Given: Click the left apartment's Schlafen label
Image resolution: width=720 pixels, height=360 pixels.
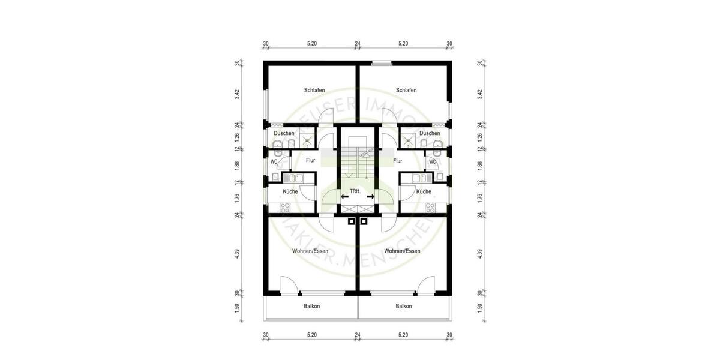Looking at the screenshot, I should pyautogui.click(x=314, y=90).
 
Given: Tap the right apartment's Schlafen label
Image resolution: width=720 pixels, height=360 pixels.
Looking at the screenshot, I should pyautogui.click(x=406, y=90).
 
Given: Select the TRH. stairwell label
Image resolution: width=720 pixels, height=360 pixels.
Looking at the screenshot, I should pyautogui.click(x=355, y=191).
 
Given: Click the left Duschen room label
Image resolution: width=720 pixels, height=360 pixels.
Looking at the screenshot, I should pyautogui.click(x=284, y=133).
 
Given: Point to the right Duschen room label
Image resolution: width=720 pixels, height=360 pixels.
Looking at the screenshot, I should pyautogui.click(x=430, y=133).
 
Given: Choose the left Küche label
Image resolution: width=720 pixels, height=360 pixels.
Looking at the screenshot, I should pyautogui.click(x=291, y=191).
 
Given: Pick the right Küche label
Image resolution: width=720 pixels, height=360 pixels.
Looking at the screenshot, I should pyautogui.click(x=424, y=191).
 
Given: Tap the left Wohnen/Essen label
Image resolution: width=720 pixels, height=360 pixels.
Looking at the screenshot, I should pyautogui.click(x=310, y=251).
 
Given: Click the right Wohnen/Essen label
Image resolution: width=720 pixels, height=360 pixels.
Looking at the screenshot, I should pyautogui.click(x=402, y=251).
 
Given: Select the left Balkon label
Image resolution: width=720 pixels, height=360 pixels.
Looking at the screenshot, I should pyautogui.click(x=312, y=306).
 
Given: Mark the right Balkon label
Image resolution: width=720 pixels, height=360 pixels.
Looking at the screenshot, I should pyautogui.click(x=404, y=306).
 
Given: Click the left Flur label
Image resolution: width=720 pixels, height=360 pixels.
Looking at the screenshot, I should pyautogui.click(x=310, y=161).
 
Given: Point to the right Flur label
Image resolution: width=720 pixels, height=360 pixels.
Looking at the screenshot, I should pyautogui.click(x=398, y=161).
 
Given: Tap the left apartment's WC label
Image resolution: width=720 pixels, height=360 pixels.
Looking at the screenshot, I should pyautogui.click(x=274, y=161).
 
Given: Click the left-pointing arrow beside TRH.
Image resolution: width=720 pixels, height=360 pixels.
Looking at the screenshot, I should pyautogui.click(x=344, y=196).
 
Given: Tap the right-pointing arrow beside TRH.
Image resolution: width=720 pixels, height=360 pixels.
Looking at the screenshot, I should pyautogui.click(x=370, y=196).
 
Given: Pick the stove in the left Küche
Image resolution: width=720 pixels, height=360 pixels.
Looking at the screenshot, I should pyautogui.click(x=285, y=208).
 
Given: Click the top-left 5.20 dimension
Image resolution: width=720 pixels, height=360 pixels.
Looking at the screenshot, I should pyautogui.click(x=311, y=44).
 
